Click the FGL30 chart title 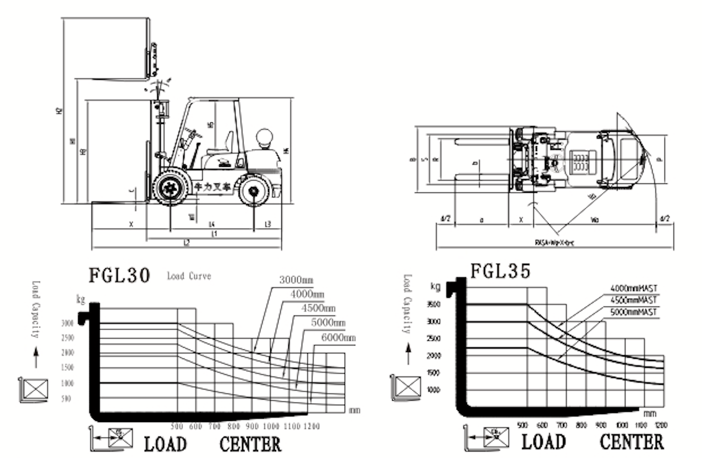pyautogui.click(x=119, y=275)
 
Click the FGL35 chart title pyautogui.click(x=500, y=271)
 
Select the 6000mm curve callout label pyautogui.click(x=338, y=338)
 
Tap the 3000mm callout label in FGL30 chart pyautogui.click(x=296, y=280)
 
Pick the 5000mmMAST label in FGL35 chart pyautogui.click(x=633, y=312)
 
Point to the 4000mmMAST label pyautogui.click(x=634, y=288)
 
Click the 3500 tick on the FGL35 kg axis pyautogui.click(x=434, y=304)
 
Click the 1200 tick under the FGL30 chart pyautogui.click(x=311, y=427)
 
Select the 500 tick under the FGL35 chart pyautogui.click(x=522, y=425)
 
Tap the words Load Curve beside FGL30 pyautogui.click(x=189, y=276)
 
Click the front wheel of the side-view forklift pyautogui.click(x=170, y=188)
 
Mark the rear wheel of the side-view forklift pyautogui.click(x=254, y=191)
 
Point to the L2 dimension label pyautogui.click(x=186, y=243)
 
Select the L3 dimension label pyautogui.click(x=268, y=224)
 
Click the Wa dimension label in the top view pyautogui.click(x=594, y=220)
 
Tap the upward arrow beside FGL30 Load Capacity pyautogui.click(x=36, y=357)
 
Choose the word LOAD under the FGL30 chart pyautogui.click(x=165, y=444)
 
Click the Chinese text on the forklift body pyautogui.click(x=213, y=187)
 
